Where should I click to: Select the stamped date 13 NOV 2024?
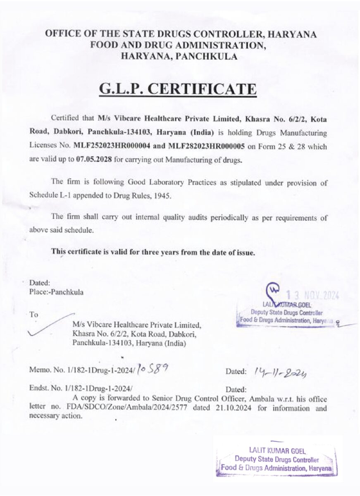[x=313, y=295]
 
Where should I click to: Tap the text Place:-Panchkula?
[x=56, y=292]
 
